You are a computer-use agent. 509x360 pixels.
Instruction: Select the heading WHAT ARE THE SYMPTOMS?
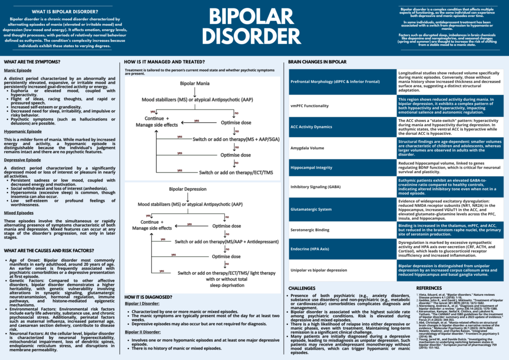32,62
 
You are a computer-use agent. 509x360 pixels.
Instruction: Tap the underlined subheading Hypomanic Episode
23,131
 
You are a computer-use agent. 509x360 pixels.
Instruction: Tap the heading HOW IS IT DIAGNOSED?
148,297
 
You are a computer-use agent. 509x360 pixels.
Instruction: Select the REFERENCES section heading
428,288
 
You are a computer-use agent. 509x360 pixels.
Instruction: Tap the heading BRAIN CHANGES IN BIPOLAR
317,62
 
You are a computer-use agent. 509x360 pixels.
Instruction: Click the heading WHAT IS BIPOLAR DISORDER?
60,11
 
